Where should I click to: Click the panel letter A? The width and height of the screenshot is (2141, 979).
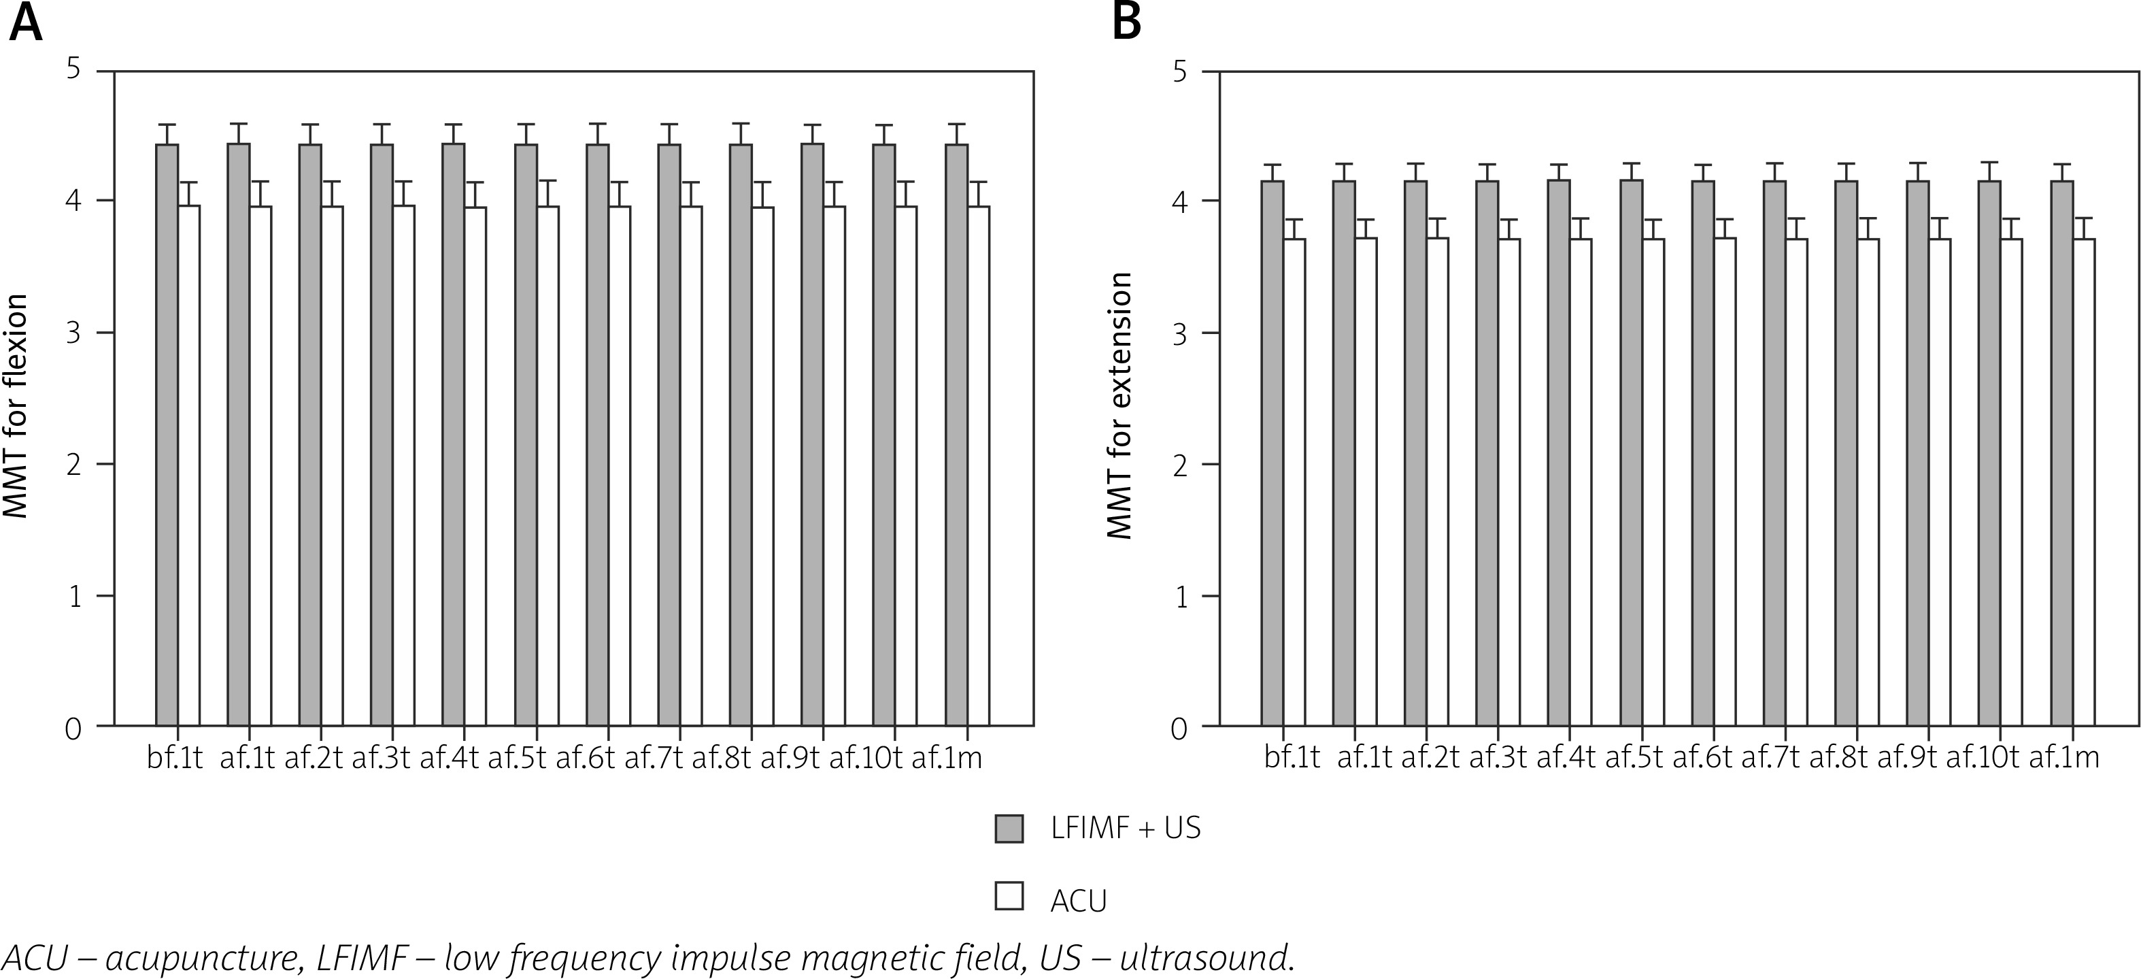25,22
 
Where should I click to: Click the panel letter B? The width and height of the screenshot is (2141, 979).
1127,22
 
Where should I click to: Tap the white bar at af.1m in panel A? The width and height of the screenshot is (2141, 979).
978,465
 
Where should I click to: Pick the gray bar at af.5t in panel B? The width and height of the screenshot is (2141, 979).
1631,453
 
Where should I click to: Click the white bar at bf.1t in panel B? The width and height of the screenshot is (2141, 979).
1294,482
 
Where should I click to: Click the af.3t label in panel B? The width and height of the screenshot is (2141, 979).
1498,758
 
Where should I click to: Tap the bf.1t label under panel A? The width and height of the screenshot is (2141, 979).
175,758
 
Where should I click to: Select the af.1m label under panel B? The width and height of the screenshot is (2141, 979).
2063,758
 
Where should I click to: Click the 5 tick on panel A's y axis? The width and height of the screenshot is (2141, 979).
75,70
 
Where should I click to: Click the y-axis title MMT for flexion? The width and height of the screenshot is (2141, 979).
16,405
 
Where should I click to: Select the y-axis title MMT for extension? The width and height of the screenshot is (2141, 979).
1120,405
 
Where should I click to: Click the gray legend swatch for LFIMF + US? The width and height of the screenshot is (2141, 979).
1009,829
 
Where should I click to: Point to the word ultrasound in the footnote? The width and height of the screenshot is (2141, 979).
1207,958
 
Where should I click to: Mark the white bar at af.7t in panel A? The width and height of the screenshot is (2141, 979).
691,465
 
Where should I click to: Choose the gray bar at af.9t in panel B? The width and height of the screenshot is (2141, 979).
1917,453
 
